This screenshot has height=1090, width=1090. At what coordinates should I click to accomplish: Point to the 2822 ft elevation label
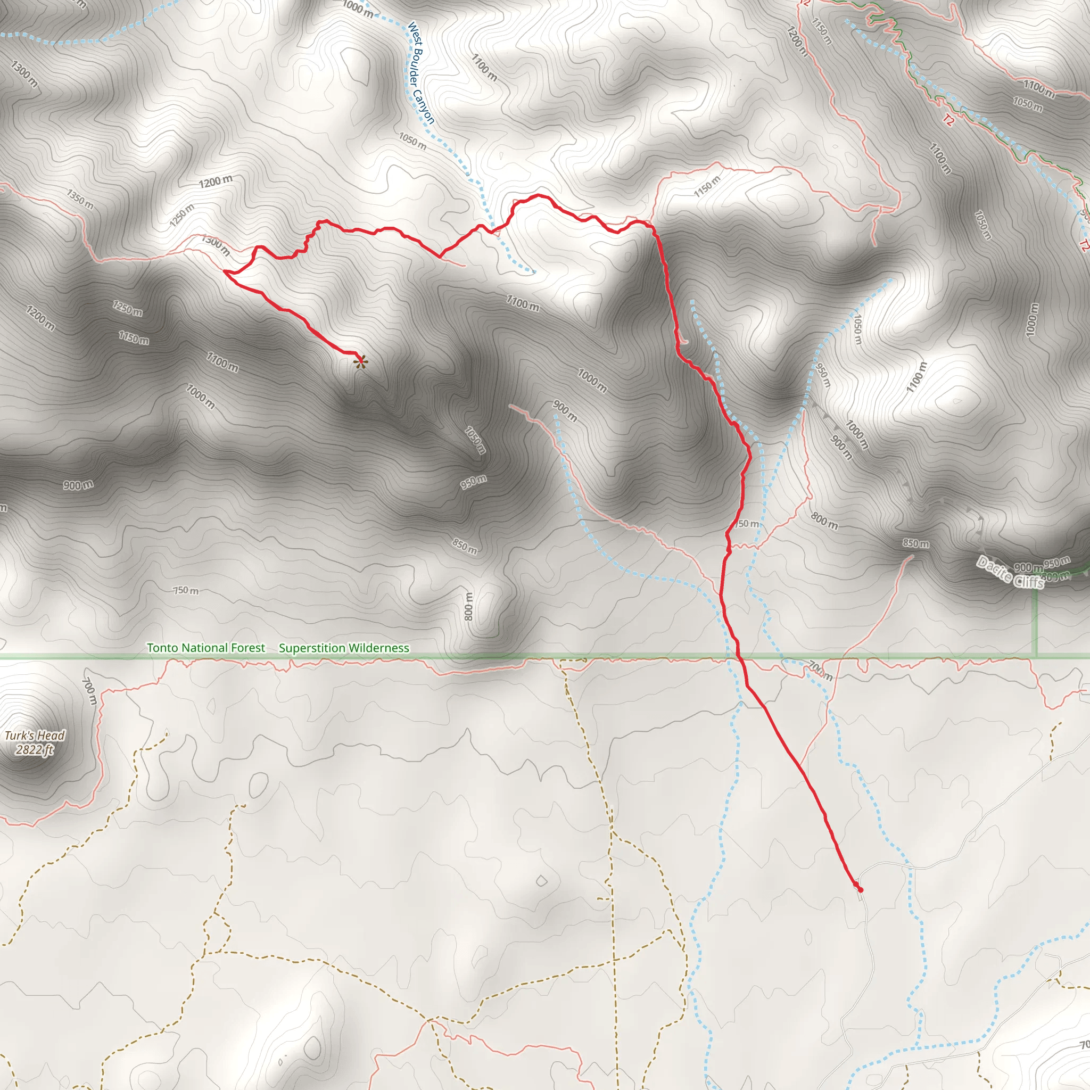click(35, 750)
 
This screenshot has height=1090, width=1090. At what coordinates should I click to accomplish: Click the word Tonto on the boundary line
click(163, 648)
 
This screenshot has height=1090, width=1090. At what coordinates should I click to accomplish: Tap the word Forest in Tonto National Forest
click(247, 648)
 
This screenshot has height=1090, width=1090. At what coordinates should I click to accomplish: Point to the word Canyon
click(424, 107)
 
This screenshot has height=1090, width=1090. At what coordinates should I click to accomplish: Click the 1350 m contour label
click(80, 199)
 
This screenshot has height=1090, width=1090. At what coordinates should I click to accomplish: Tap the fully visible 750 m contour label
click(186, 591)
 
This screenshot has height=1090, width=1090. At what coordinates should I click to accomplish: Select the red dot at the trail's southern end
click(861, 890)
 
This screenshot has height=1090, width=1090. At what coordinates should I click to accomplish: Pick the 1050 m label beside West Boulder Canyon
click(412, 141)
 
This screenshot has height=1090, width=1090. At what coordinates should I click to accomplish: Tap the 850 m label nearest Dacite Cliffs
click(915, 544)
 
